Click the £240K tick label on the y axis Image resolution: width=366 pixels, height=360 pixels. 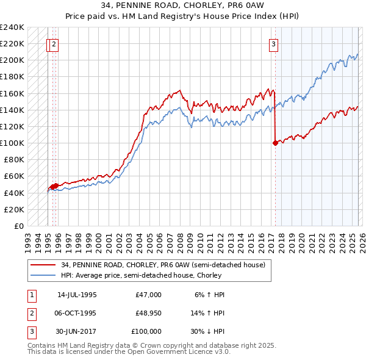tap(12, 27)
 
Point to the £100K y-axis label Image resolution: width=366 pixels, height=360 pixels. tap(12, 143)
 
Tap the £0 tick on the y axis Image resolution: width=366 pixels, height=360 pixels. tap(18, 226)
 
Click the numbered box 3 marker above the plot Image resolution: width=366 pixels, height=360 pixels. tap(274, 43)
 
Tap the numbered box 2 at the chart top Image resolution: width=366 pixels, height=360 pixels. tap(54, 43)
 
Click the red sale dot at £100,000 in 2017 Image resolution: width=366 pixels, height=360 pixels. tap(275, 143)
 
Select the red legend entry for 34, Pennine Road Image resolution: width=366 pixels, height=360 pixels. tap(162, 265)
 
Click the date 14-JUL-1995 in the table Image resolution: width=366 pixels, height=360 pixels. tap(77, 295)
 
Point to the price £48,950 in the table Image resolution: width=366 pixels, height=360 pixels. tap(146, 313)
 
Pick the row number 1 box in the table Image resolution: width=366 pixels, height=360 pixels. tap(31, 295)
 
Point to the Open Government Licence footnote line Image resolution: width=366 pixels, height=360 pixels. tap(129, 352)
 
